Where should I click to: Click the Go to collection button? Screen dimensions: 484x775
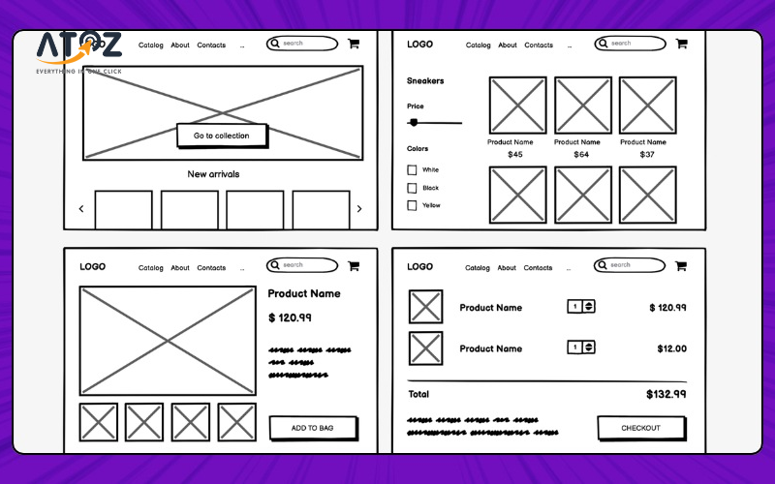(221, 136)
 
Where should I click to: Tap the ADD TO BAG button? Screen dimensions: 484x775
(312, 428)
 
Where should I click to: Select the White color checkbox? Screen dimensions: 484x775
(412, 170)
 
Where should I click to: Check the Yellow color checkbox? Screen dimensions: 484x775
(412, 205)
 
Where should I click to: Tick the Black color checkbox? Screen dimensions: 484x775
(412, 188)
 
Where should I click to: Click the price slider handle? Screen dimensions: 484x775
(415, 123)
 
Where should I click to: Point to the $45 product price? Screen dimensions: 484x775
(515, 155)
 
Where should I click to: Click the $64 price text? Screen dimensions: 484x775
(581, 155)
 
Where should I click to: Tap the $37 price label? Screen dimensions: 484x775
(647, 155)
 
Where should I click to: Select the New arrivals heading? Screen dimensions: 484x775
(213, 174)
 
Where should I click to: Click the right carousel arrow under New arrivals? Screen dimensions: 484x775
(359, 209)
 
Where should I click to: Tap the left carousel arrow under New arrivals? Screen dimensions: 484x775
(81, 209)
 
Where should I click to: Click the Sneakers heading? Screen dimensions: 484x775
(425, 81)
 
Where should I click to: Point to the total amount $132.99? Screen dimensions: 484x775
(666, 394)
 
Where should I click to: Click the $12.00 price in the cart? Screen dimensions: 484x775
(671, 348)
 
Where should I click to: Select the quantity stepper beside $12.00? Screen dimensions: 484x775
(581, 348)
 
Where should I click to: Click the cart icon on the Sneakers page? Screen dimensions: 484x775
(681, 44)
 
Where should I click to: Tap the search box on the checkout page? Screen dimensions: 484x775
(630, 265)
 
